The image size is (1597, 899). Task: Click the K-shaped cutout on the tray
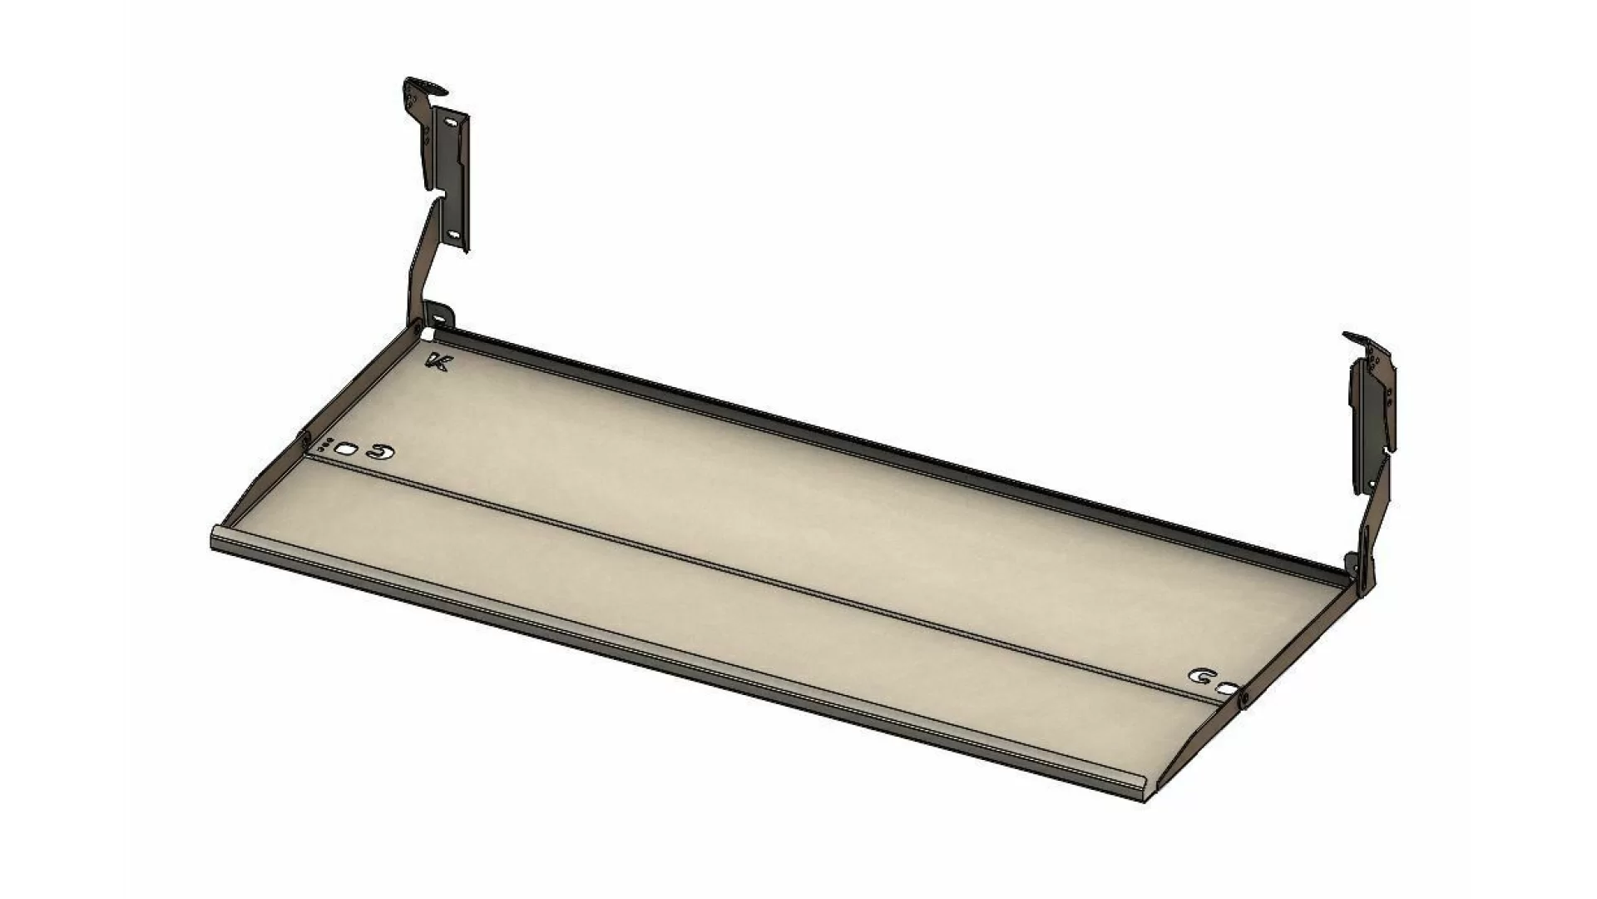pos(438,362)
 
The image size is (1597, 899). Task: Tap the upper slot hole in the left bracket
pos(450,122)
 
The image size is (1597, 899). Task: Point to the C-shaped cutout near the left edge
pos(382,452)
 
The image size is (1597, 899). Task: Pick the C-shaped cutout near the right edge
pos(1201,677)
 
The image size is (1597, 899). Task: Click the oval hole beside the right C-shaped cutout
pos(1226,688)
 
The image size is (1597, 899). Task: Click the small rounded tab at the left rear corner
pos(440,317)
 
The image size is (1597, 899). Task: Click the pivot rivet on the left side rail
pos(304,437)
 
